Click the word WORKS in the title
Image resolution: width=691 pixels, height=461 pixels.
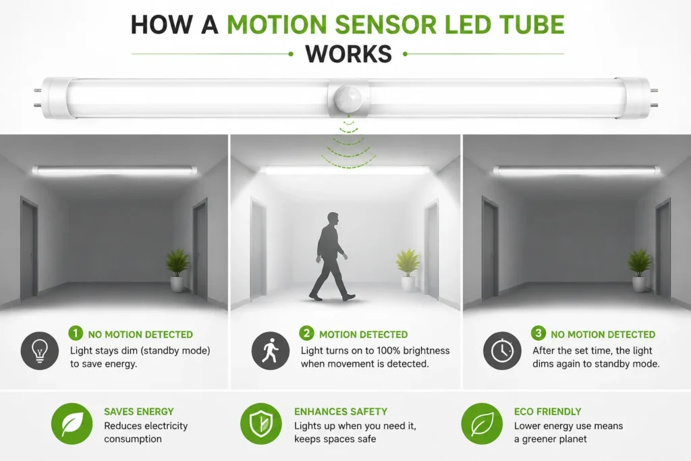tap(348, 54)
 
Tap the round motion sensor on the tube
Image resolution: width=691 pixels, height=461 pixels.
tap(348, 99)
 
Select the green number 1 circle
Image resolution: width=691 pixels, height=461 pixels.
tap(76, 333)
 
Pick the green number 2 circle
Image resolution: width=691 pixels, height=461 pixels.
tap(307, 333)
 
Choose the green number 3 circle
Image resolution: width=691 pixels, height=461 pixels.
tap(538, 333)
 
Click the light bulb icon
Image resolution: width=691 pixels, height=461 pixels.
tap(40, 351)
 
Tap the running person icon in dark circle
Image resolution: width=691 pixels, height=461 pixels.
tap(271, 351)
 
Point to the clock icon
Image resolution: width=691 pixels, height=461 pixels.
tap(502, 351)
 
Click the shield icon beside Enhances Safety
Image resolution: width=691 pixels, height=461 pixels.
tap(261, 423)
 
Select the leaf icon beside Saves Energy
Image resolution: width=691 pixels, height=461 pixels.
tap(72, 423)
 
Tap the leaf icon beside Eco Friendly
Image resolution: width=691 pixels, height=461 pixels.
tap(482, 423)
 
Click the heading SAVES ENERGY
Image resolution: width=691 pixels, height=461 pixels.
tap(139, 412)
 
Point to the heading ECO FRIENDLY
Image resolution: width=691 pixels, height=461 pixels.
tap(548, 412)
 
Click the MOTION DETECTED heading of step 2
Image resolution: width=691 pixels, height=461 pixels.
tap(364, 335)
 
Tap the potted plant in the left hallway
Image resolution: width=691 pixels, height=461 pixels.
tap(177, 270)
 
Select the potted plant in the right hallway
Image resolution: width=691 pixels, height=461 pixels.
tap(640, 270)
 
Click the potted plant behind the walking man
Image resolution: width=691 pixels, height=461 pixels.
tap(408, 269)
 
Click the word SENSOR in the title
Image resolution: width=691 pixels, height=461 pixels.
tap(385, 24)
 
